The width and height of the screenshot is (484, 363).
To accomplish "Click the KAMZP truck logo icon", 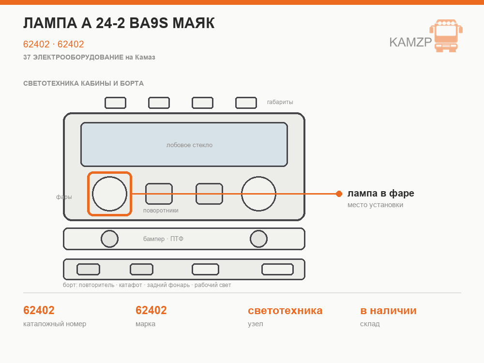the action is coord(446,36).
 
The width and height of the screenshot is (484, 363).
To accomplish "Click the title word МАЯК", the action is coord(193,23).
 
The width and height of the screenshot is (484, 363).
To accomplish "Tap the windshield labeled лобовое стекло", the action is coord(184,144).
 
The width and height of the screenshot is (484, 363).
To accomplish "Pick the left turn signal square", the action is coord(159,194).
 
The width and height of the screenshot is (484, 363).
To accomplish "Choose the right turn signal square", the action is coord(209,194).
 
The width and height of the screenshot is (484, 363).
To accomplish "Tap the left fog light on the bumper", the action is coord(109,239).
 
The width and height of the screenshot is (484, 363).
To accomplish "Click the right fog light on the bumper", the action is coord(258,239).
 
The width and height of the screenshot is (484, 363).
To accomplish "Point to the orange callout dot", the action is coord(339,194).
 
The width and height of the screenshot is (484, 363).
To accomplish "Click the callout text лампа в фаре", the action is coord(381,193).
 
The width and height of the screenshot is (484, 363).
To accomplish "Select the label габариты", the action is coord(280,102).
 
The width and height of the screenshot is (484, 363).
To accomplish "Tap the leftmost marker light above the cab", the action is coord(116,103).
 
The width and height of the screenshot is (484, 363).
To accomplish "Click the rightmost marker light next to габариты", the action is coord(246,103).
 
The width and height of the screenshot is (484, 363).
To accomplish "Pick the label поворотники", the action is coord(161,211).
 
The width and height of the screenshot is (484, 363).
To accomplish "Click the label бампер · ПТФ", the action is coord(163,239).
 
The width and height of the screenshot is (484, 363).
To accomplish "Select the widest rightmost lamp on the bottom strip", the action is coord(277,270).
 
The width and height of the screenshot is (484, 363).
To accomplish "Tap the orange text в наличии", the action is coord(388,311).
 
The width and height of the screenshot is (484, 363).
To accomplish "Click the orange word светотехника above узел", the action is coord(285,311).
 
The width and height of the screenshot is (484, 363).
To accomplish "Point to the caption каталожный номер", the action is coord(55,324).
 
